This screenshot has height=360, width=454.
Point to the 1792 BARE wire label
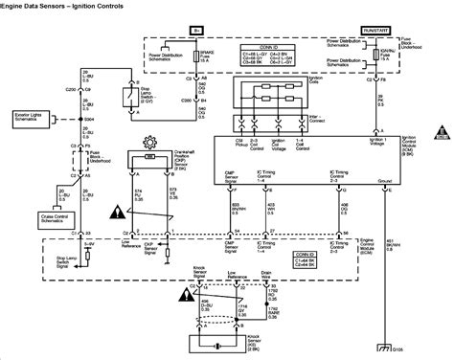click(274, 307)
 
